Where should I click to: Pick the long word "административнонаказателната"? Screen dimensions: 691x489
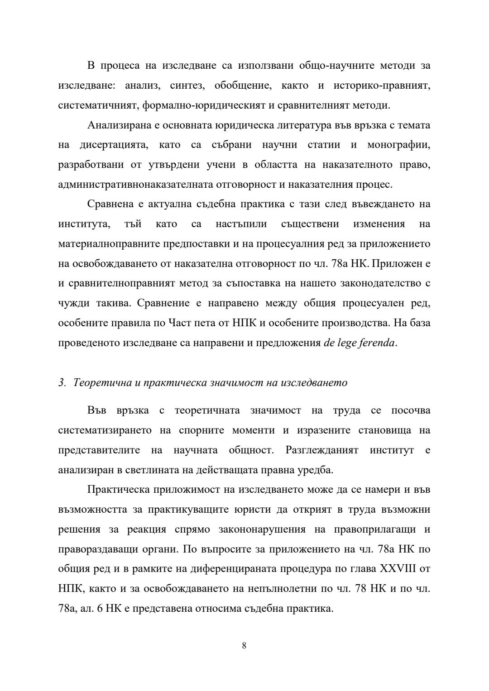[x=136, y=184]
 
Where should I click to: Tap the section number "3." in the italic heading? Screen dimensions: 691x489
[x=62, y=382]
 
